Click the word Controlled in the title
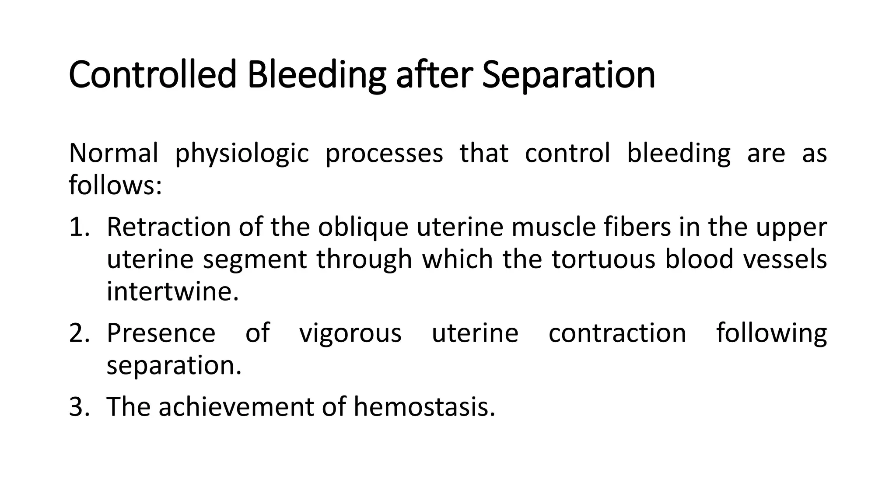click(153, 74)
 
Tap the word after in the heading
click(434, 74)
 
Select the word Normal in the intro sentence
click(113, 153)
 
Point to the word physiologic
click(242, 154)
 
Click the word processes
click(384, 154)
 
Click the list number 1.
click(79, 227)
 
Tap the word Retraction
click(168, 227)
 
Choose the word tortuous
click(603, 259)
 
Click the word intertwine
click(173, 291)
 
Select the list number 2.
click(79, 333)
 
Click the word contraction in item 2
click(617, 333)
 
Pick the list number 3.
click(79, 406)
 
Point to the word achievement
click(236, 406)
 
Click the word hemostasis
click(424, 406)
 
